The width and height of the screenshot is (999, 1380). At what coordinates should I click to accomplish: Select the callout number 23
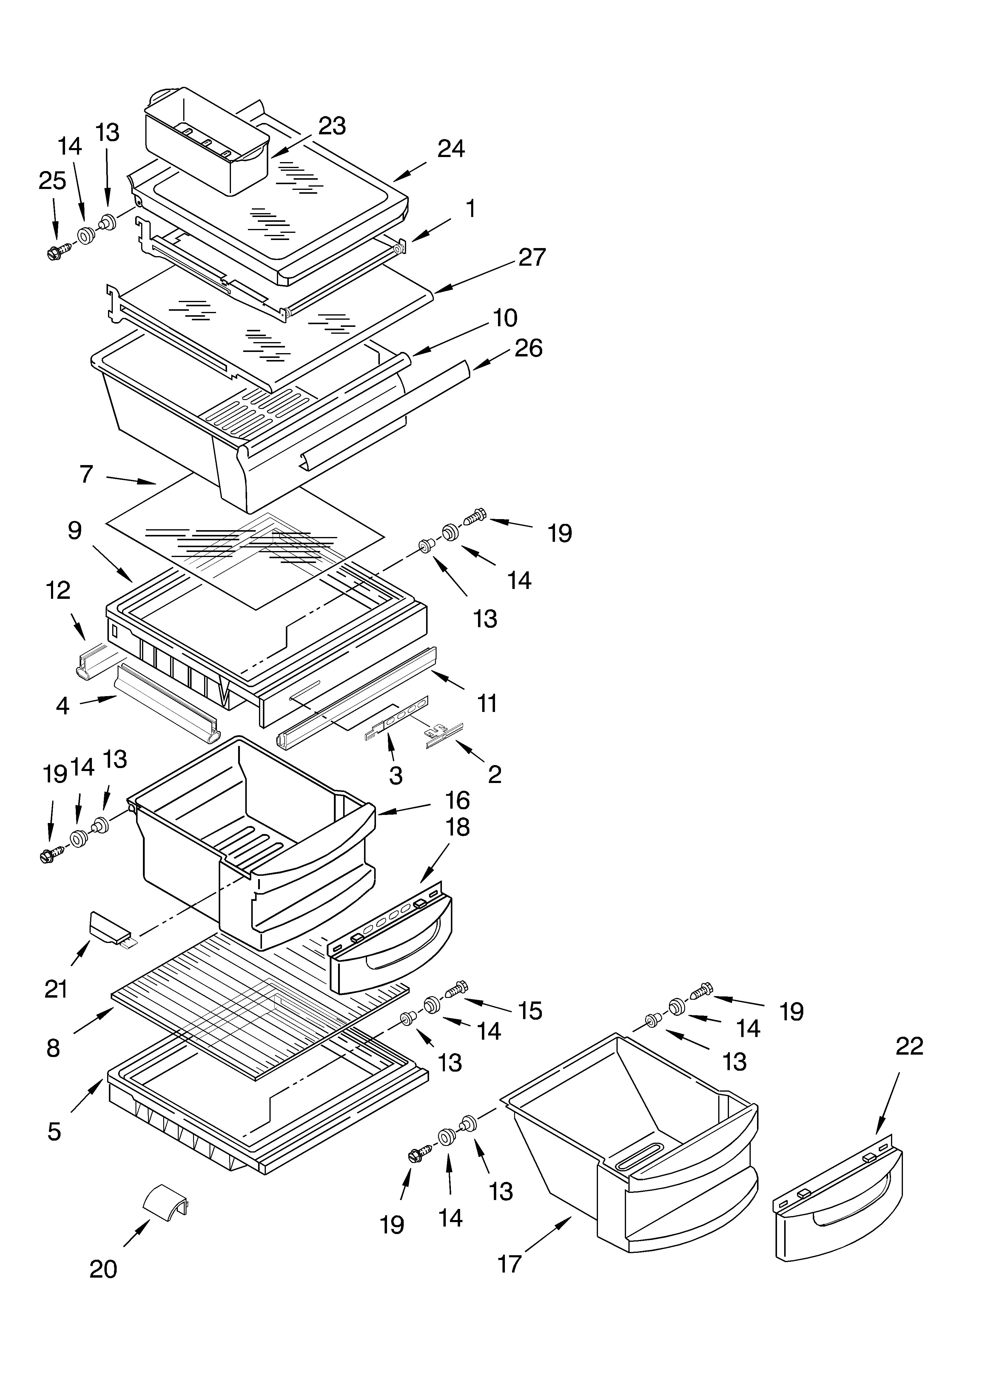[x=332, y=126]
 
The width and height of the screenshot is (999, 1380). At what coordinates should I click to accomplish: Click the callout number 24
[x=451, y=148]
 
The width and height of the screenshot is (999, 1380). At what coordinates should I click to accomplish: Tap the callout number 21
[x=56, y=989]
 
